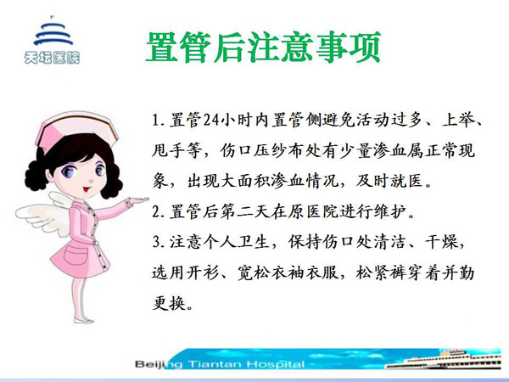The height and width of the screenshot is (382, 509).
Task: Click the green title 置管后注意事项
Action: pyautogui.click(x=263, y=47)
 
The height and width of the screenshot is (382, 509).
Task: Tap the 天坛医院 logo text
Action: pyautogui.click(x=52, y=58)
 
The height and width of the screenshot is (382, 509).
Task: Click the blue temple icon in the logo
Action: pyautogui.click(x=53, y=32)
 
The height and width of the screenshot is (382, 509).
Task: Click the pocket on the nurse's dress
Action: pyautogui.click(x=76, y=256)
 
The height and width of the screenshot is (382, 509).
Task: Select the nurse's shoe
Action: pyautogui.click(x=83, y=320)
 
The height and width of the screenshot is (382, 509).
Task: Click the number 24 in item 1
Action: pyautogui.click(x=212, y=121)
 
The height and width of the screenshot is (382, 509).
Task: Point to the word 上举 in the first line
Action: pyautogui.click(x=458, y=121)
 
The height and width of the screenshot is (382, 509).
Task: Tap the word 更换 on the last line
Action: pyautogui.click(x=169, y=303)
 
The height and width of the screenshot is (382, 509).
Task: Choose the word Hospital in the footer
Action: pyautogui.click(x=276, y=364)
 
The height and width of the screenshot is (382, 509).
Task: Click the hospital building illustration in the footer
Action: pyautogui.click(x=444, y=359)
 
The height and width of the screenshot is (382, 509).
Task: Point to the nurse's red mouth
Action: pyautogui.click(x=86, y=188)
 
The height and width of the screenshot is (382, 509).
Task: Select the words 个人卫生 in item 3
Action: pyautogui.click(x=237, y=242)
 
